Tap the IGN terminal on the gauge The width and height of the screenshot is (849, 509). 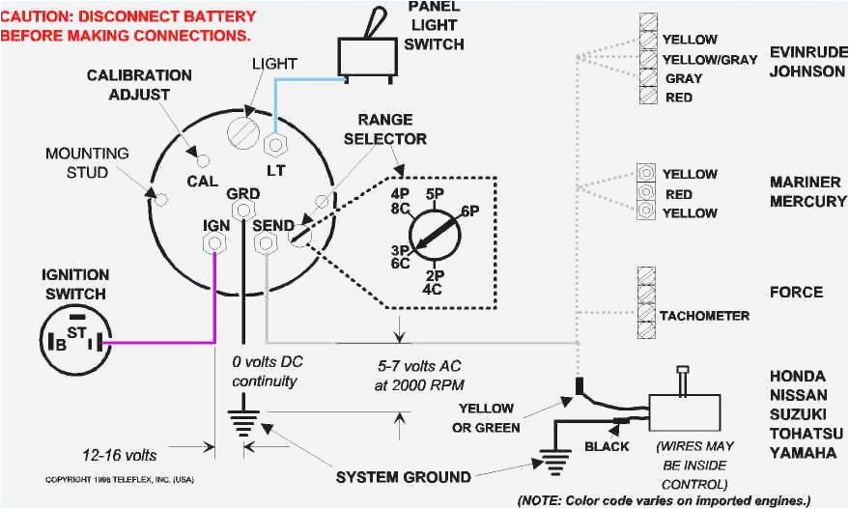(214, 245)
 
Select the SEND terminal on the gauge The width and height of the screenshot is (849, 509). (263, 245)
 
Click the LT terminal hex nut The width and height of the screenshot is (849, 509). (275, 145)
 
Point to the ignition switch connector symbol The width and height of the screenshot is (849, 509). (71, 340)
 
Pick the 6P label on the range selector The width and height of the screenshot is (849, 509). (470, 212)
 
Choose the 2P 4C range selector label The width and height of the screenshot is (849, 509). (434, 281)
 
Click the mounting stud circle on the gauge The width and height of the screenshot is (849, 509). (161, 199)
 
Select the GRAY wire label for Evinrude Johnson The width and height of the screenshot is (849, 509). (683, 78)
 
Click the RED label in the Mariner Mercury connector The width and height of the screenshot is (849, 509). (678, 193)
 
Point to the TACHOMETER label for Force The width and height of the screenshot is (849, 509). (703, 316)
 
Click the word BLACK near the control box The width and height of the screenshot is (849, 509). (607, 446)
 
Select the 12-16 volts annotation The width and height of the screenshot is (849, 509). (118, 453)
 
